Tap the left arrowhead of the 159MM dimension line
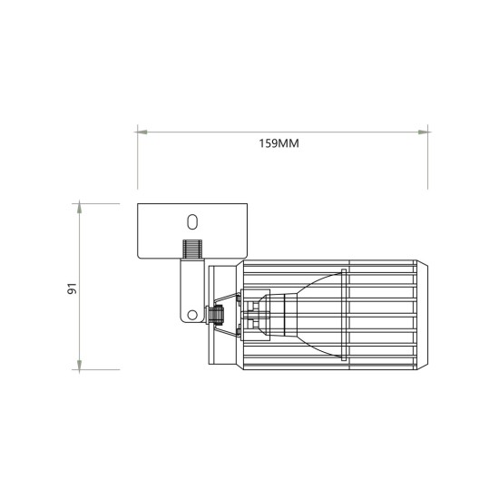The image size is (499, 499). point(142,132)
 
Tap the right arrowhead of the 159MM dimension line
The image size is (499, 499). point(424,132)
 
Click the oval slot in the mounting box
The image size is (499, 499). point(191,220)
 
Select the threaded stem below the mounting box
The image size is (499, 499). point(191,248)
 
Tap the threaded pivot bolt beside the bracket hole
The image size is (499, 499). point(215,316)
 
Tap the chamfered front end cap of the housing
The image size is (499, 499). point(422,315)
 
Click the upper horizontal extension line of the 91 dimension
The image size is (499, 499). point(100,203)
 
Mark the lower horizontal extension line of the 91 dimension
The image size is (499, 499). point(100,369)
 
